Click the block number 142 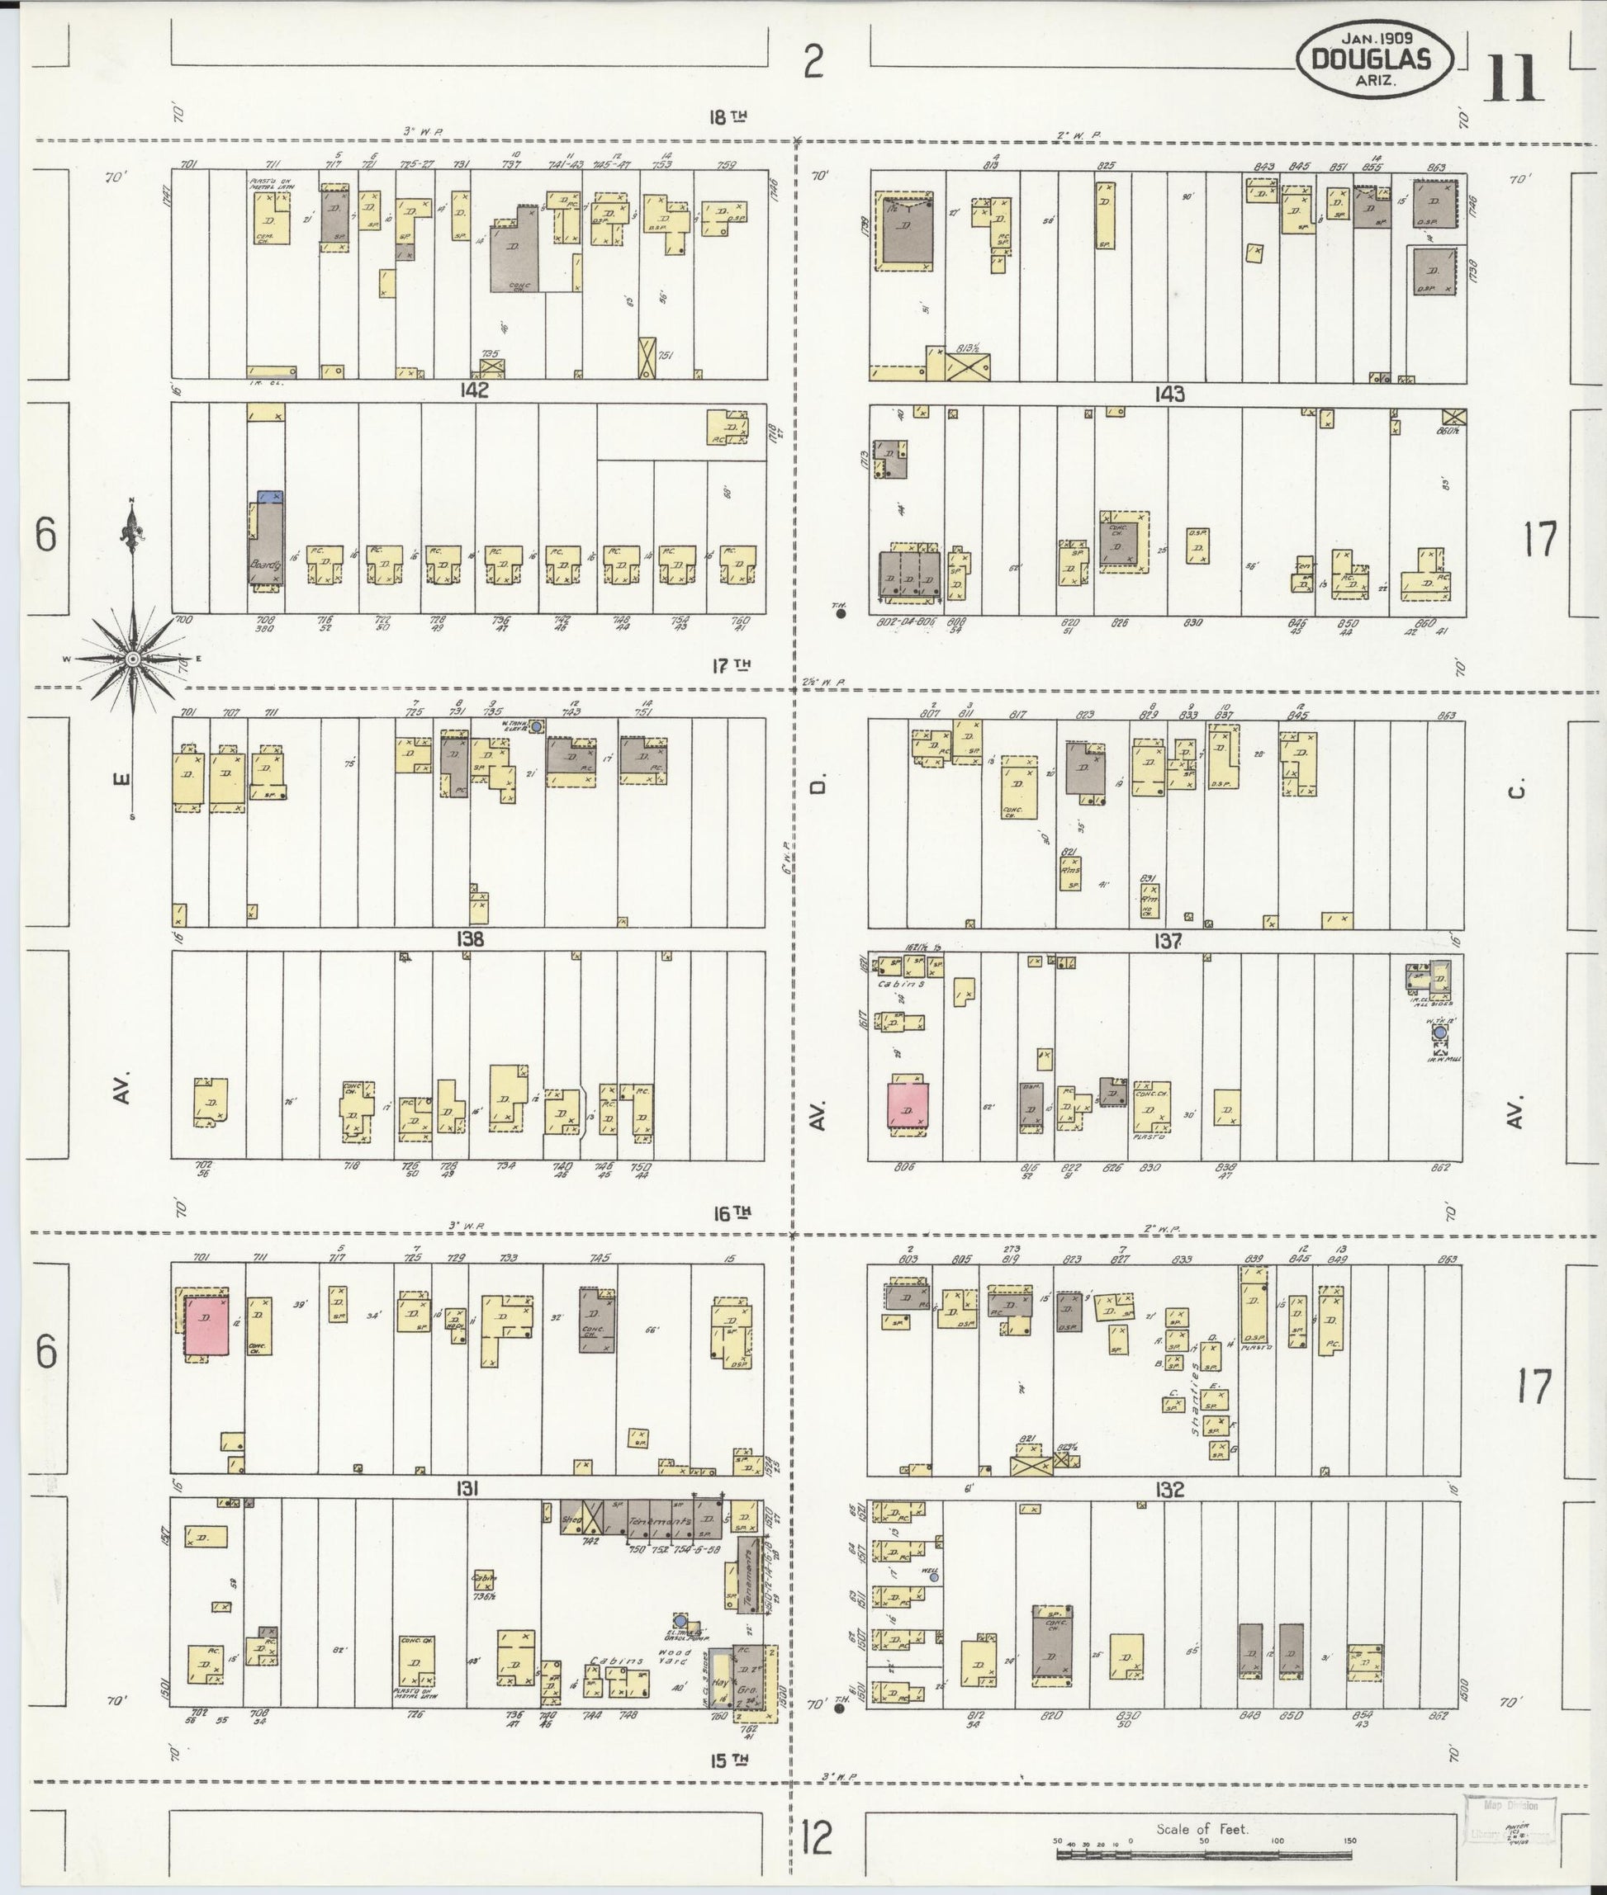click(474, 390)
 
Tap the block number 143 click(1169, 395)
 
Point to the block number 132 click(1169, 1490)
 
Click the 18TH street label click(729, 116)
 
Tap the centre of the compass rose click(133, 658)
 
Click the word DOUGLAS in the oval click(1369, 59)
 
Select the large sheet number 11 click(1512, 80)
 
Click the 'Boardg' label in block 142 click(264, 565)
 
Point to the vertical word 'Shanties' click(1194, 1403)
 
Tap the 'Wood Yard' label click(674, 1658)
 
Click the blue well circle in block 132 click(934, 1577)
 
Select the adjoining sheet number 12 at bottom click(818, 1836)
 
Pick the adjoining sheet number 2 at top click(813, 62)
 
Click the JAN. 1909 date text click(1377, 38)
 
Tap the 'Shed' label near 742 click(572, 1519)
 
